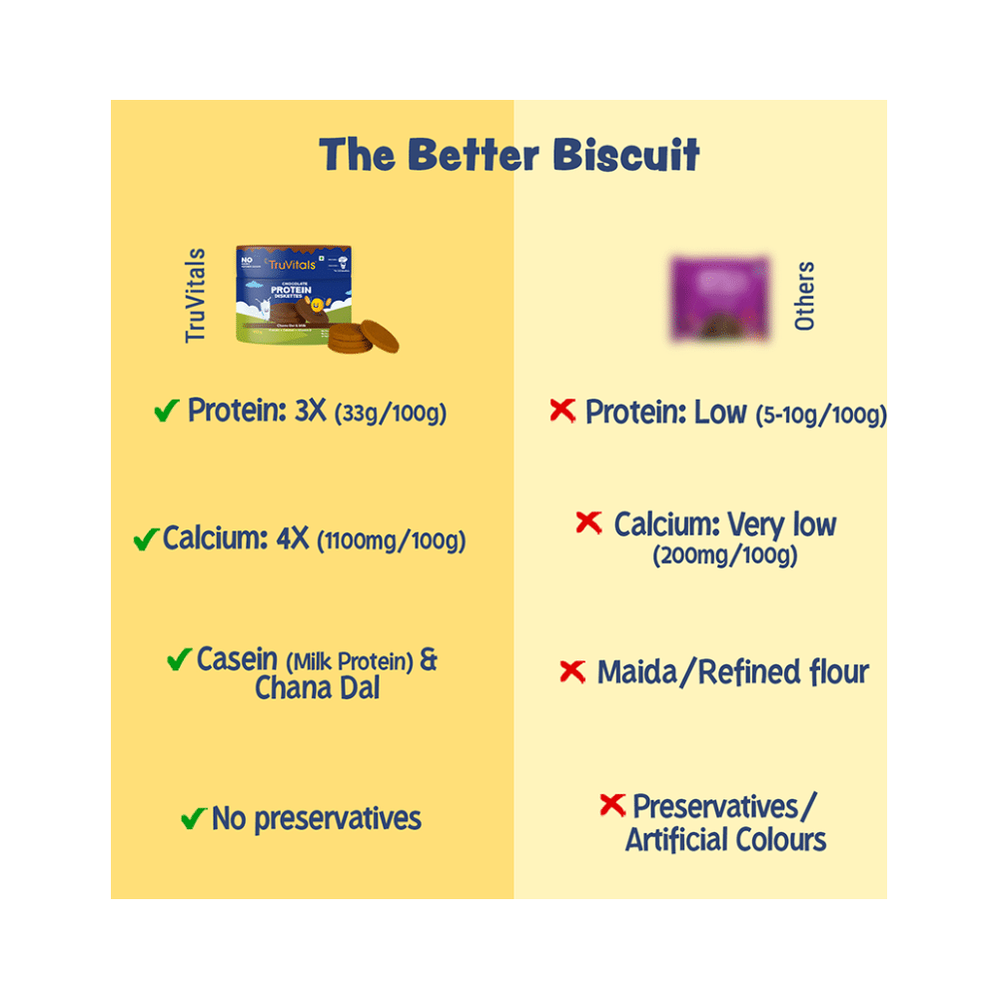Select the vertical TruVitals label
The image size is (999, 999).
pos(196,296)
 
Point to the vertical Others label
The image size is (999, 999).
pos(804,296)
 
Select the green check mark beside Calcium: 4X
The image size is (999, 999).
pos(146,540)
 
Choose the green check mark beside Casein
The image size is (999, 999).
pos(179,659)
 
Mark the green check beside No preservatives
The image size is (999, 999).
pos(193,820)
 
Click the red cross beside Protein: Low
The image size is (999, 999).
pos(563,411)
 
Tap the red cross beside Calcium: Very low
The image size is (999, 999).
pos(589,522)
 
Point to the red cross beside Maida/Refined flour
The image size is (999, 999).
pos(571,671)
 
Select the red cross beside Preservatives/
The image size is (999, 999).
pos(611,805)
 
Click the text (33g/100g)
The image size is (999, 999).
pos(391,413)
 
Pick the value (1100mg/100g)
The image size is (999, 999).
pos(392,542)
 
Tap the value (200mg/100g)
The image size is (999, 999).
pos(725,556)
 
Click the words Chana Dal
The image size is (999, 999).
pos(318,688)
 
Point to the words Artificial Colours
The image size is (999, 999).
pos(726,839)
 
